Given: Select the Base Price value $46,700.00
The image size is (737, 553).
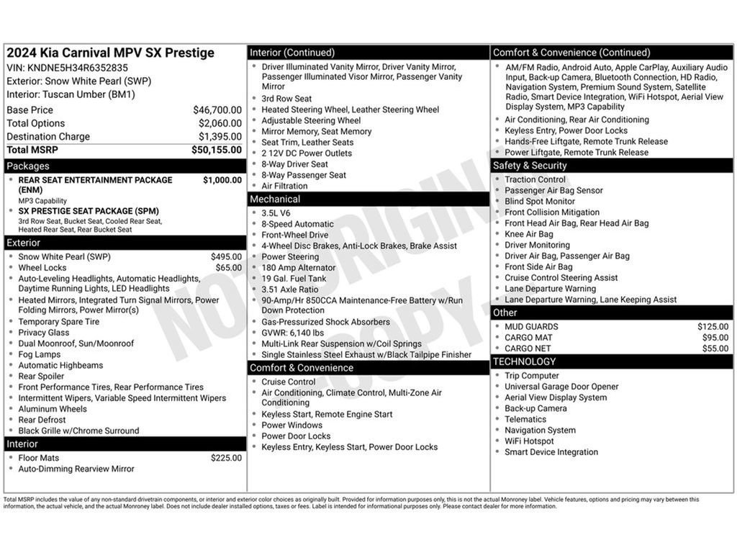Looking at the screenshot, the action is pos(217,110).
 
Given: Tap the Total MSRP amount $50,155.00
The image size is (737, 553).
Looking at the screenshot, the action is pos(217,150).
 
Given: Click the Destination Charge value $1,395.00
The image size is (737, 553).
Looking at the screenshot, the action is pos(220,137).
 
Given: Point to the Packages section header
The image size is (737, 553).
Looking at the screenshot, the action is pos(28,166).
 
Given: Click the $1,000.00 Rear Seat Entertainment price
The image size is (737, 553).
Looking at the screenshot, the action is pos(222,180).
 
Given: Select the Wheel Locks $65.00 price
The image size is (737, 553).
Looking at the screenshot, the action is pos(229,268).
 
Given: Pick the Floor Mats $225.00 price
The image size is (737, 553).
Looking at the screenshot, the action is pos(226,458).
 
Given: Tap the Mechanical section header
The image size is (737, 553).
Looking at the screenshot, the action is pos(275,199).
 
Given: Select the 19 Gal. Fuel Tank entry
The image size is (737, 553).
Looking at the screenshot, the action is pos(294,279).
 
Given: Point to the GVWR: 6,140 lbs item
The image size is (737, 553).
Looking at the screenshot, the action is pos(292,333).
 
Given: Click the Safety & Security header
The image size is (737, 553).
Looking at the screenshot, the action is pos(530,166).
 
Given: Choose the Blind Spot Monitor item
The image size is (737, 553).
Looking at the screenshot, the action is pos(540,202).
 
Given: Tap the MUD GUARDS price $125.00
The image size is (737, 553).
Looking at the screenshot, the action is pos(713,327).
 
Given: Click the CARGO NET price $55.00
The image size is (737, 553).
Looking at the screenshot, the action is pos(715,349).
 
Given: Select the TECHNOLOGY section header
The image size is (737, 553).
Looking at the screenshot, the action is pos(525,361).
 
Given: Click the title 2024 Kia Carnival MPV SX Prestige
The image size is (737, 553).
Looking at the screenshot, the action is pos(110,53).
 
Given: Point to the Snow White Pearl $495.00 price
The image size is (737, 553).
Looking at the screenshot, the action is pos(226,257).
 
